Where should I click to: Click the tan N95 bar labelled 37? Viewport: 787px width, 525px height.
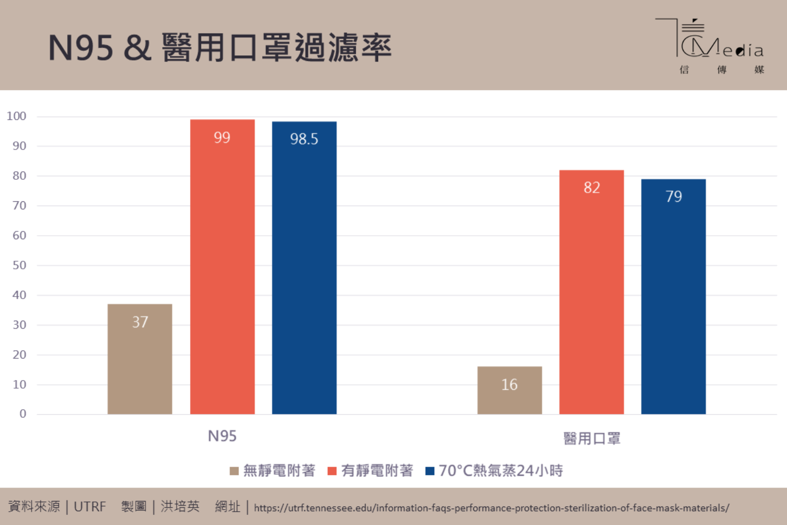pos(140,359)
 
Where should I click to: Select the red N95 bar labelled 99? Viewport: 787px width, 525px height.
pos(222,266)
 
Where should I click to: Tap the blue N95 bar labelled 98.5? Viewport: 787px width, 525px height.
pos(304,267)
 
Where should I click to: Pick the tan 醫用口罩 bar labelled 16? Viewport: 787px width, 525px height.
pos(509,390)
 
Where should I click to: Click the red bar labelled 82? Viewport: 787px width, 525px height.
pos(591,292)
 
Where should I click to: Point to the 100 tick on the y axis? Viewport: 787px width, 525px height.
pos(16,116)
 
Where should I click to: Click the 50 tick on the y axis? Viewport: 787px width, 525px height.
pos(19,265)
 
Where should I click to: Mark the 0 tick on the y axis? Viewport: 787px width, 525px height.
pos(23,414)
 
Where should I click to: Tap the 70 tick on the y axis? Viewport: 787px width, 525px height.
pos(19,206)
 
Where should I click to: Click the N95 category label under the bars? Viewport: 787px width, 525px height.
pos(222,436)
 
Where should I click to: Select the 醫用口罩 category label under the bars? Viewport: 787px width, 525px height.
pos(592,438)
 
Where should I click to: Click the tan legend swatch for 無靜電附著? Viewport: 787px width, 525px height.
pos(234,471)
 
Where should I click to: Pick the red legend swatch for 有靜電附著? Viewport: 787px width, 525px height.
pos(332,471)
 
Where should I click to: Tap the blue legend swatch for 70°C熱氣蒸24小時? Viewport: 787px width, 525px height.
pos(430,471)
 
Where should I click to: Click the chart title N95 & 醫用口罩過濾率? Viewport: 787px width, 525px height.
pos(220,48)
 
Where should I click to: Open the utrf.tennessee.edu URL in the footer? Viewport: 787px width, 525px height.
pos(491,508)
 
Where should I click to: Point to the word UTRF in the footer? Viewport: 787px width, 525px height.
pos(90,507)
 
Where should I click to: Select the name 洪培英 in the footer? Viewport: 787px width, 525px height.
pos(180,507)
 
